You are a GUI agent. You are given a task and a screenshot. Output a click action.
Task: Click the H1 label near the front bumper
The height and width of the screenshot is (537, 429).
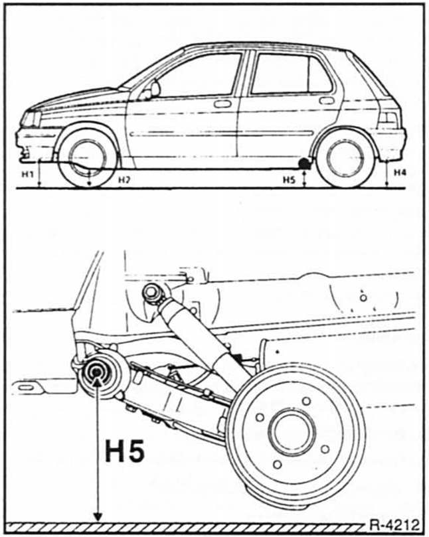pos(27,174)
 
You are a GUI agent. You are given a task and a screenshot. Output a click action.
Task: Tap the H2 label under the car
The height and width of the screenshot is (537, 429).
pos(124,179)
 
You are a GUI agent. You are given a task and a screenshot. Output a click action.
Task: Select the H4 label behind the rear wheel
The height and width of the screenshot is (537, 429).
pos(399,173)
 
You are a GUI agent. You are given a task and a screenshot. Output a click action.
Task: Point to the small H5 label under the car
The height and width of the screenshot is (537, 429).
pos(288,179)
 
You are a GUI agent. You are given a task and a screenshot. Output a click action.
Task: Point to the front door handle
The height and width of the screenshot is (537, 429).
pos(222,104)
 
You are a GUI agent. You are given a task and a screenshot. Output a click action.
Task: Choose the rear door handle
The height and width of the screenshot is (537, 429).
pos(327,101)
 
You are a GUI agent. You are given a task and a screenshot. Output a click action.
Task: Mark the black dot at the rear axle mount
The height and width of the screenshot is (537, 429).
pos(304,162)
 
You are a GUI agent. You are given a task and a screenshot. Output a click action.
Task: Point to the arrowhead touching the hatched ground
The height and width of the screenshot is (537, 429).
pos(98,517)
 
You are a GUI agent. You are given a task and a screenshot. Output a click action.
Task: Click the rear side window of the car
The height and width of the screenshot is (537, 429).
pos(290,74)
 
